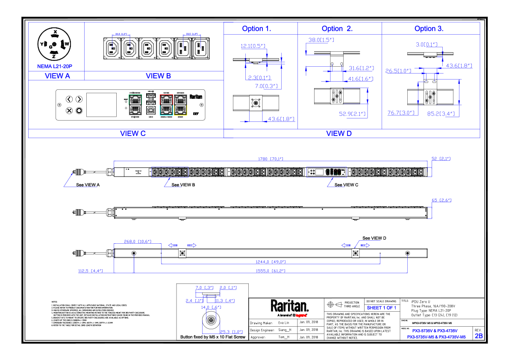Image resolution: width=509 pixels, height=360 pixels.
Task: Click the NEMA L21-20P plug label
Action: pyautogui.click(x=55, y=66)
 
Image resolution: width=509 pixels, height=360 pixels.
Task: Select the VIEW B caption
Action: pyautogui.click(x=158, y=76)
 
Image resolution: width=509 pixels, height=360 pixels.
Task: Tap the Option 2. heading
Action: pyautogui.click(x=337, y=29)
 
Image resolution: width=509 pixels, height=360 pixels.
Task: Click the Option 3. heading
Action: pyautogui.click(x=429, y=29)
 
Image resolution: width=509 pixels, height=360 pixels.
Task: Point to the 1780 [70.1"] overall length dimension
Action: pyautogui.click(x=271, y=159)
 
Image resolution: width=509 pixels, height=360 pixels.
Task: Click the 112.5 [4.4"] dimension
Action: pyautogui.click(x=89, y=271)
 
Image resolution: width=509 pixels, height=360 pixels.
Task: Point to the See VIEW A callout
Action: pyautogui.click(x=88, y=185)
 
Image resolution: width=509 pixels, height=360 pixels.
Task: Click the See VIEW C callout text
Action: pyautogui.click(x=346, y=185)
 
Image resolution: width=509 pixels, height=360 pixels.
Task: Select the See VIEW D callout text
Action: pyautogui.click(x=374, y=238)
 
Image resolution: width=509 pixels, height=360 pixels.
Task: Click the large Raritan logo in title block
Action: pyautogui.click(x=289, y=306)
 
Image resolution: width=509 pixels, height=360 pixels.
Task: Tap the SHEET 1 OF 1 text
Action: pyautogui.click(x=382, y=308)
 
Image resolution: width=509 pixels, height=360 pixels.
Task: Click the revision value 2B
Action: pyautogui.click(x=479, y=336)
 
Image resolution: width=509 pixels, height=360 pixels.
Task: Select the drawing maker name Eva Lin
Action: pyautogui.click(x=284, y=323)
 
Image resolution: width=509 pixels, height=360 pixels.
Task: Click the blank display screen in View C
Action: pyautogui.click(x=101, y=105)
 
